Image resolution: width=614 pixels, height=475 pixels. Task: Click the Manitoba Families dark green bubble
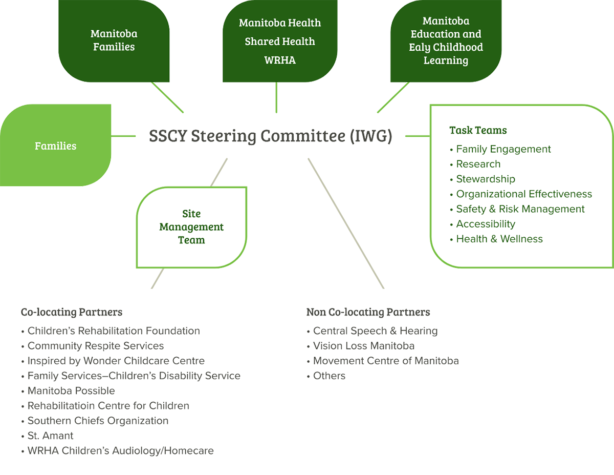point(114,40)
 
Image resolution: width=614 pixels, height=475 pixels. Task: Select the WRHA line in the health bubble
point(280,60)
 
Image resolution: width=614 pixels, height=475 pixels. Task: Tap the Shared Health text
point(280,42)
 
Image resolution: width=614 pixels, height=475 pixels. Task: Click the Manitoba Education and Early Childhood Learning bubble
point(446,41)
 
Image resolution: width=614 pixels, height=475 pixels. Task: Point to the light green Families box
point(55,146)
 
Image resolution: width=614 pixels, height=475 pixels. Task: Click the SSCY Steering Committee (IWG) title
point(271,136)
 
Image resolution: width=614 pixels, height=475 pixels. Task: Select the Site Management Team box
point(191,227)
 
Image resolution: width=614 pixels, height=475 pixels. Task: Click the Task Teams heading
point(478,130)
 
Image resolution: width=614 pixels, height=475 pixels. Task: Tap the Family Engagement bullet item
point(503,149)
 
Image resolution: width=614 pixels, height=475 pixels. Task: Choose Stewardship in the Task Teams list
point(485,179)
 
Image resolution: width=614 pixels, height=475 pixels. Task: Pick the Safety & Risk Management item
point(520,209)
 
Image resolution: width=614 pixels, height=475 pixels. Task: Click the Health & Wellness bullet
point(499,239)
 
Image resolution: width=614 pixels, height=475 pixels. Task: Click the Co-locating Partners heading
point(72,312)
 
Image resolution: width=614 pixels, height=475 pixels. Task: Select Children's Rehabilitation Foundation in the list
point(113,331)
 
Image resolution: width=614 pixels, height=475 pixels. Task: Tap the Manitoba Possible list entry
point(71,390)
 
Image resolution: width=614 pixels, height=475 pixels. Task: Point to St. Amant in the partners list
point(50,436)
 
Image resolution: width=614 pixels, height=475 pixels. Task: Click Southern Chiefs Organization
point(97,421)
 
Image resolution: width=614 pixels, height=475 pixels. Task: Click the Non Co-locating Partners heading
point(368,312)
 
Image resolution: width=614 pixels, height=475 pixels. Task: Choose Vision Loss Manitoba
point(363,346)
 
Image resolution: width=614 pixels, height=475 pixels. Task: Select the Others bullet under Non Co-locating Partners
point(328,376)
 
